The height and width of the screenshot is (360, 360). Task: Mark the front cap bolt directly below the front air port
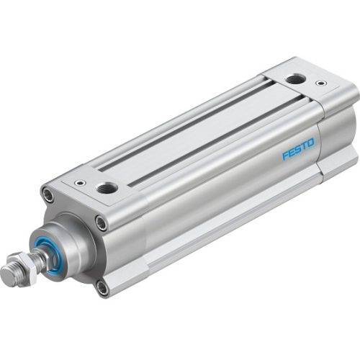tap(102, 222)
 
